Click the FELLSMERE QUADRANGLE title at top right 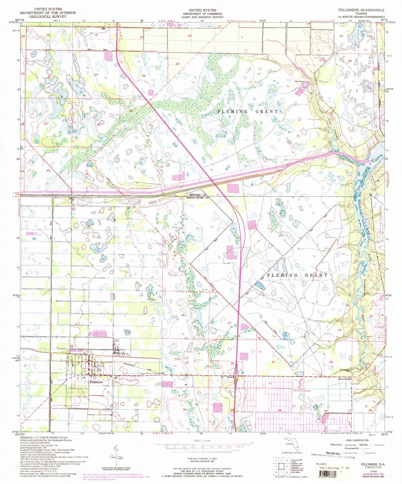click(x=359, y=10)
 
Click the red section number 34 click(x=48, y=170)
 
